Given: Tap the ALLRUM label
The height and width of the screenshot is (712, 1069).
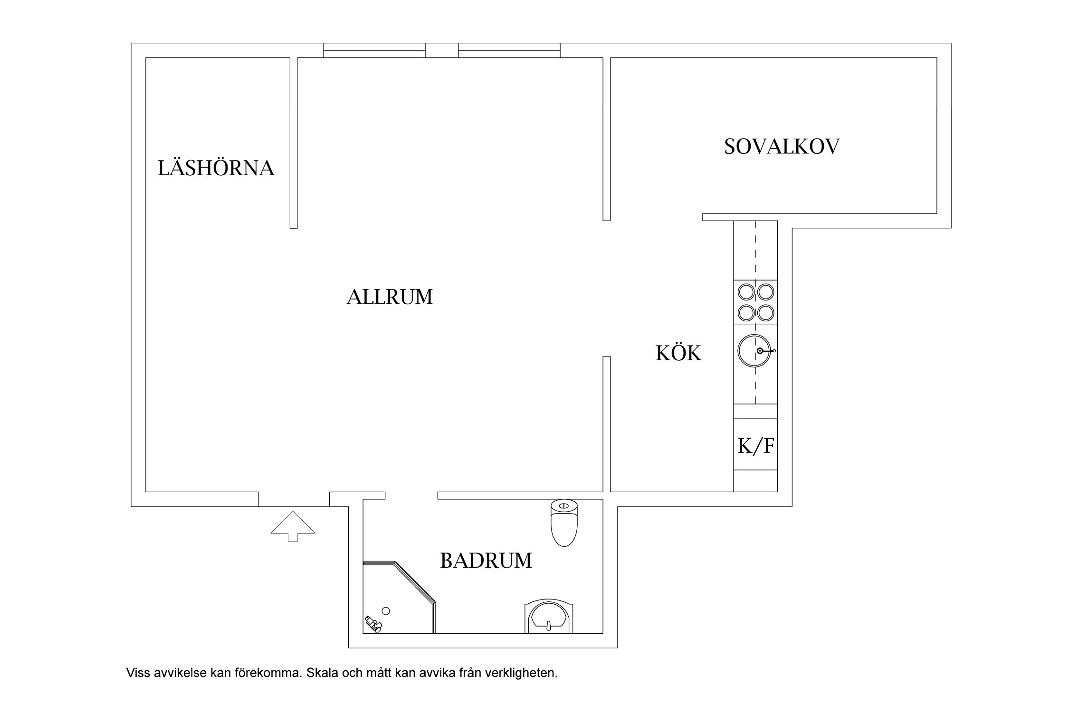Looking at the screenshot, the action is pyautogui.click(x=390, y=297).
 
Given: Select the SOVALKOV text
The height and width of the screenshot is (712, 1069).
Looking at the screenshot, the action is pyautogui.click(x=782, y=146).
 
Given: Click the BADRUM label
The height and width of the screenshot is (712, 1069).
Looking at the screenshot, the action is pyautogui.click(x=486, y=561).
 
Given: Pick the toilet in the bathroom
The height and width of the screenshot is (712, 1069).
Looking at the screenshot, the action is pyautogui.click(x=563, y=523).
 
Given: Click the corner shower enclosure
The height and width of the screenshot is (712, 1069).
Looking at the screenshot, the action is pyautogui.click(x=399, y=597).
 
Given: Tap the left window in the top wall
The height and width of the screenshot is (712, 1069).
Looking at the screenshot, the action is pyautogui.click(x=374, y=50).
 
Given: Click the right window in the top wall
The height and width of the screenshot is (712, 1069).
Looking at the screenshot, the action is pyautogui.click(x=509, y=50).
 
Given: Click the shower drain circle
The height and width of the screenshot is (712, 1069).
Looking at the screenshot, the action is pyautogui.click(x=386, y=611).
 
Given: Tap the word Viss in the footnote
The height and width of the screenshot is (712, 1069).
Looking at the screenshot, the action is pyautogui.click(x=137, y=673).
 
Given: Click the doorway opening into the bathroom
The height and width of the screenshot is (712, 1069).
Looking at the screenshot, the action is pyautogui.click(x=411, y=496).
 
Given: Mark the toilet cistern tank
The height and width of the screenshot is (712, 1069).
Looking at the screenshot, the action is pyautogui.click(x=563, y=506).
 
